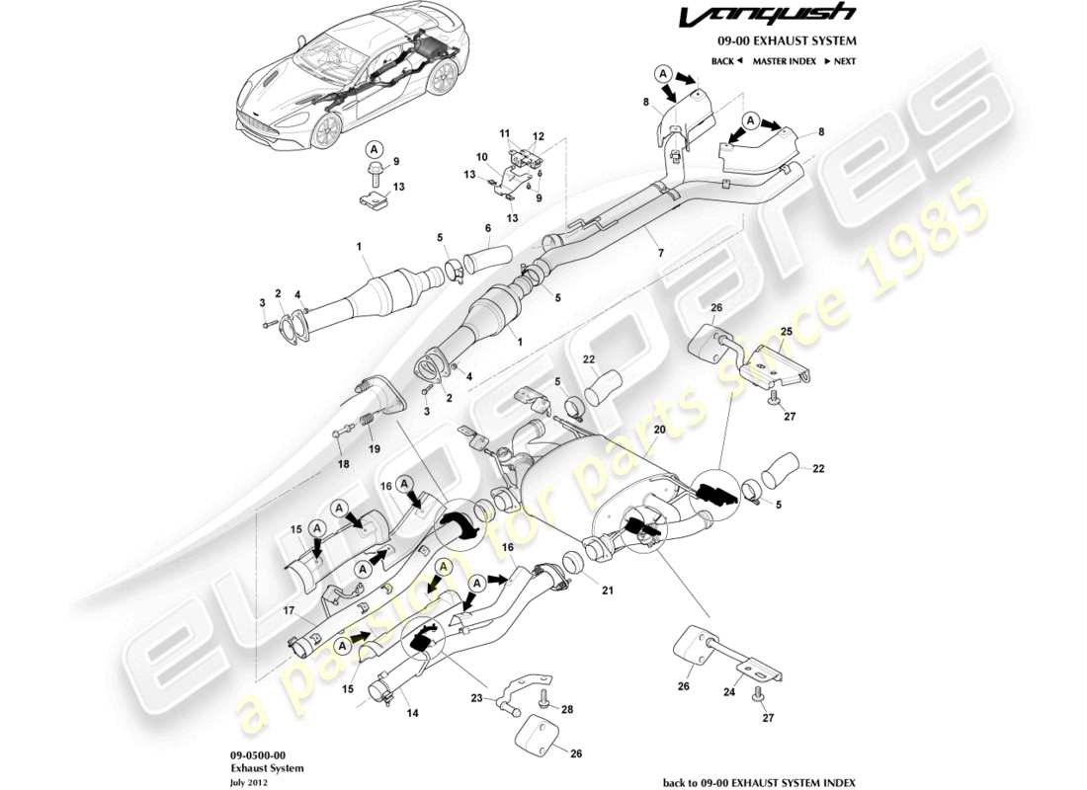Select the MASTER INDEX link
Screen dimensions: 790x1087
pos(784,61)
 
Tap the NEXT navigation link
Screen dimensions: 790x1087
pos(839,61)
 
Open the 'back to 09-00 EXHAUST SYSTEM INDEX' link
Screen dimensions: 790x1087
pos(759,781)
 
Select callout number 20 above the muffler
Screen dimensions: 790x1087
pos(659,431)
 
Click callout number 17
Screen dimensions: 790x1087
pos(291,610)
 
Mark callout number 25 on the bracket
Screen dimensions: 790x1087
pos(787,332)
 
